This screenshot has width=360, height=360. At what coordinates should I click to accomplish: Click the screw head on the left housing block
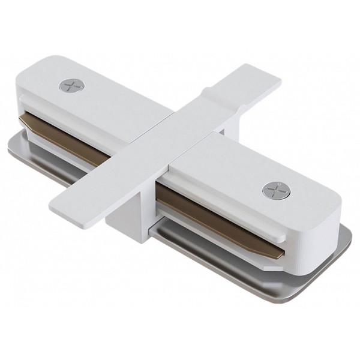[x=72, y=85]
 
